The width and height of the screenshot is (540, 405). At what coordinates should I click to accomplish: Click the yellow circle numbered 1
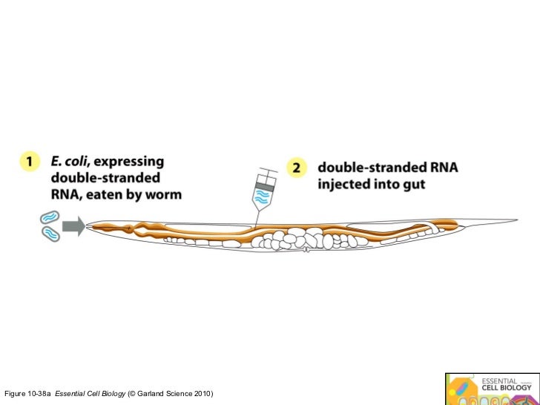point(29,162)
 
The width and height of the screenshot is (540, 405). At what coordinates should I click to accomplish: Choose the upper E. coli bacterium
point(48,218)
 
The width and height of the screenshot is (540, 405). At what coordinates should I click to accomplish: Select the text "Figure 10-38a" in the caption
point(28,392)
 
